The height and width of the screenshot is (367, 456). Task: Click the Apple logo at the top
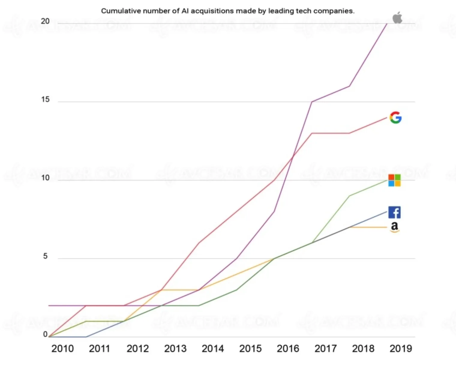[397, 18]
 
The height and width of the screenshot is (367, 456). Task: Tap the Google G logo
[395, 118]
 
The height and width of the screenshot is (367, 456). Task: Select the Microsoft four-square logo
[394, 180]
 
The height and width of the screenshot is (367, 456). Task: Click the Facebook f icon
[394, 212]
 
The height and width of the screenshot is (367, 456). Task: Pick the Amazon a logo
[394, 227]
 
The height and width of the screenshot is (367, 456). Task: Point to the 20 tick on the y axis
[45, 21]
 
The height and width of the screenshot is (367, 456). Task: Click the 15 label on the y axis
[45, 100]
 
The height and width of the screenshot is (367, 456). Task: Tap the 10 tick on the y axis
[45, 178]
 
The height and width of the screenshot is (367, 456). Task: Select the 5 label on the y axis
[45, 256]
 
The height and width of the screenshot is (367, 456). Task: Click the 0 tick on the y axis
[45, 334]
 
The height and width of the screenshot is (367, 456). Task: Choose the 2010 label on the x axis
[62, 349]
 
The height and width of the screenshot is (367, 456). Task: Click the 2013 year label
[175, 349]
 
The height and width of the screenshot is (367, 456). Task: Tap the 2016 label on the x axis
[288, 349]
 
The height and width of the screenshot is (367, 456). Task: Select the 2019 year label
[401, 349]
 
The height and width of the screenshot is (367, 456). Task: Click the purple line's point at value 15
[312, 102]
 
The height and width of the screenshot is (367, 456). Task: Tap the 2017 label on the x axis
[325, 349]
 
